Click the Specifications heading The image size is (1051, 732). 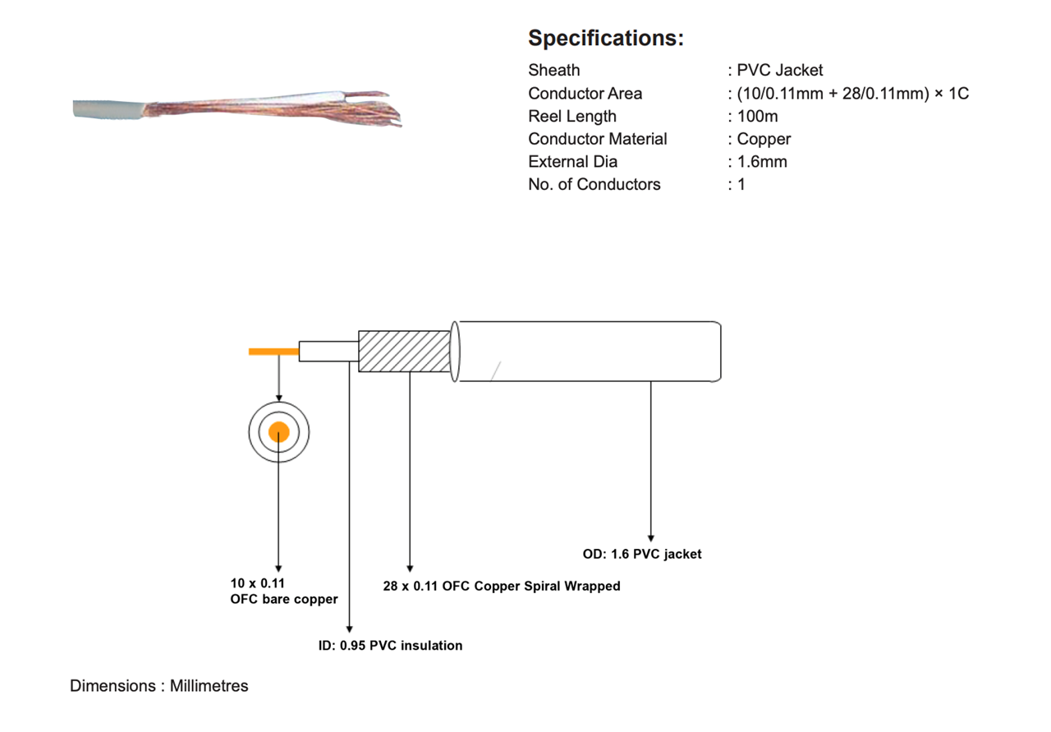(x=605, y=38)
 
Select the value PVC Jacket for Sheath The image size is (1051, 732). (x=779, y=71)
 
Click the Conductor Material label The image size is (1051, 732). (x=597, y=139)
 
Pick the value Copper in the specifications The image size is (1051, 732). (x=764, y=139)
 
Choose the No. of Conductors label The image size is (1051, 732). (x=594, y=184)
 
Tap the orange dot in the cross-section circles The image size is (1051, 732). (x=279, y=432)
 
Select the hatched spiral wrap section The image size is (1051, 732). (x=405, y=351)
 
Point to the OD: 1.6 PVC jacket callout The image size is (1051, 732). (x=642, y=554)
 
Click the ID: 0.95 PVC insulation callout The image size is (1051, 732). (x=390, y=646)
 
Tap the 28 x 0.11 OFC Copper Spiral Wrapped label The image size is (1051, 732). (x=502, y=587)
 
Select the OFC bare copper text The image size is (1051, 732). (x=284, y=599)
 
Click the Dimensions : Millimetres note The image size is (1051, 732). (x=158, y=685)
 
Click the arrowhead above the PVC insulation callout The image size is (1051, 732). (x=350, y=628)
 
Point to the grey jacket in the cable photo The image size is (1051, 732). (x=107, y=110)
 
